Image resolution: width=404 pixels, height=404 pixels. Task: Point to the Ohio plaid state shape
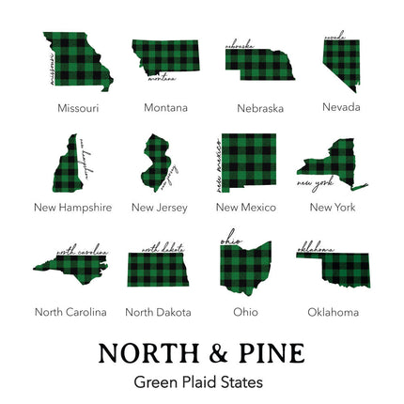[x=246, y=266]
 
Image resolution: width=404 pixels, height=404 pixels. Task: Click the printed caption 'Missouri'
[x=77, y=108]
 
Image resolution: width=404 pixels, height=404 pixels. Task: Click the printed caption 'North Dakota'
[x=158, y=312]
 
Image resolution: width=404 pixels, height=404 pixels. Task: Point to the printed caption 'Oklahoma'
[x=333, y=312]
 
